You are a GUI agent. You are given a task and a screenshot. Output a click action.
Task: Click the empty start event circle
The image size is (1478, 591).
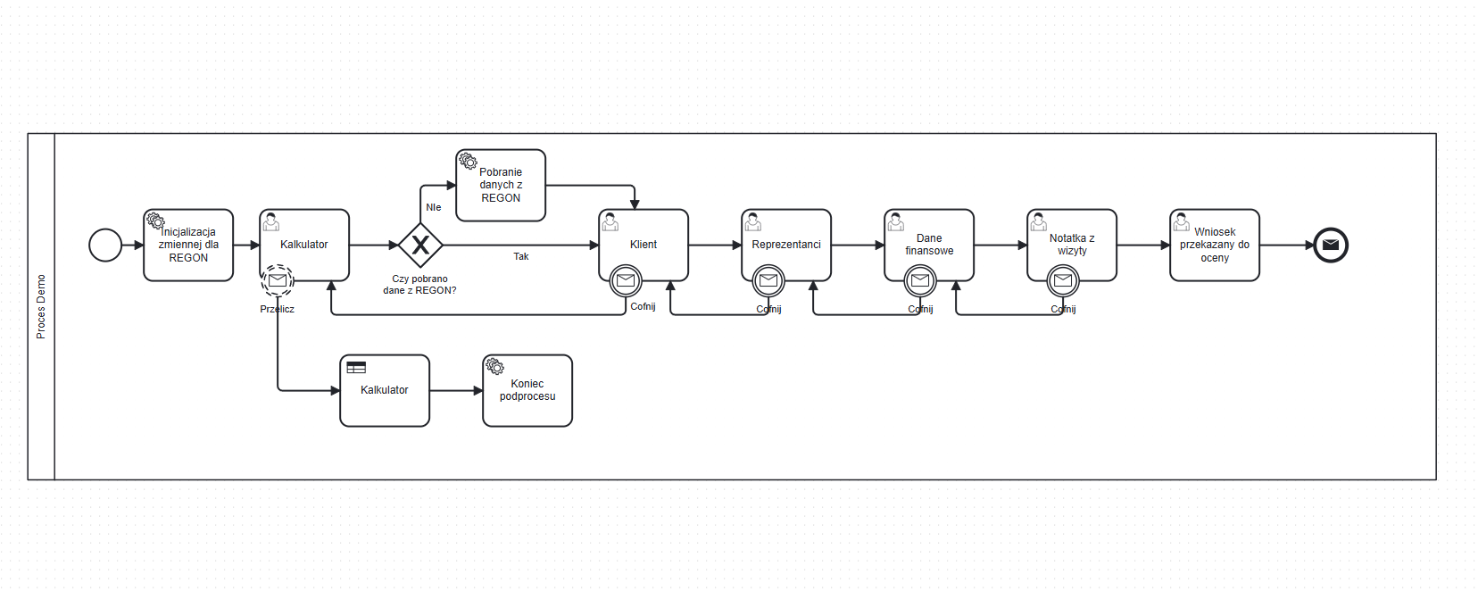click(x=105, y=246)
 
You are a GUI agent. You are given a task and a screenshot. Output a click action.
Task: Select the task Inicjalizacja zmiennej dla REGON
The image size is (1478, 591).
click(x=188, y=246)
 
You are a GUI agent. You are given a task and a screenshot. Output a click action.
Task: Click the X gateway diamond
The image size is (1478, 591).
click(x=420, y=246)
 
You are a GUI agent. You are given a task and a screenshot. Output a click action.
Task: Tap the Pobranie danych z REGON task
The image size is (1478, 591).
click(x=501, y=186)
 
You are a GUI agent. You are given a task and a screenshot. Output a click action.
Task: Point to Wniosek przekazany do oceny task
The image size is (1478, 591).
click(x=1215, y=246)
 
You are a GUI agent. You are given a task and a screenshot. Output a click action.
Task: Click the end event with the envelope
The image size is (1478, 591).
click(x=1331, y=246)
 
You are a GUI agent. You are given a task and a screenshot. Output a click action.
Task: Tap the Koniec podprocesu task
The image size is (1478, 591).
click(x=527, y=391)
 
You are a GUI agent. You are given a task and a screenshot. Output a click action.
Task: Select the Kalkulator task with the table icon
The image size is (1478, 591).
click(x=385, y=391)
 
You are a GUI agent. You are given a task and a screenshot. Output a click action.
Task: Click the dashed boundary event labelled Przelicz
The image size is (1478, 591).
click(x=278, y=281)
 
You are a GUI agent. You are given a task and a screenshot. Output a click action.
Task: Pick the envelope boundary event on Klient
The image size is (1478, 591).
click(x=626, y=281)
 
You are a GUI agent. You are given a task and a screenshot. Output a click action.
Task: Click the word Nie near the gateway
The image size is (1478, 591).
click(x=434, y=207)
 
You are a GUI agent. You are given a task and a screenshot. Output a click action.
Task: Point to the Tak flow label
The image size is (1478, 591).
click(x=521, y=257)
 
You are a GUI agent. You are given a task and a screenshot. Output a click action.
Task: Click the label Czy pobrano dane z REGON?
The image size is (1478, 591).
click(x=419, y=285)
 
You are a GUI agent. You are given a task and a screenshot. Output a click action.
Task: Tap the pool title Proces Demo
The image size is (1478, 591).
click(x=41, y=306)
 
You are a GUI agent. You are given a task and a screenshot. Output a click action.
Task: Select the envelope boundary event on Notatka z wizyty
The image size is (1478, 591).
click(x=1063, y=281)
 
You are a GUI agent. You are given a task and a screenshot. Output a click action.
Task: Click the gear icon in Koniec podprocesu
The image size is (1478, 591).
click(x=495, y=367)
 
